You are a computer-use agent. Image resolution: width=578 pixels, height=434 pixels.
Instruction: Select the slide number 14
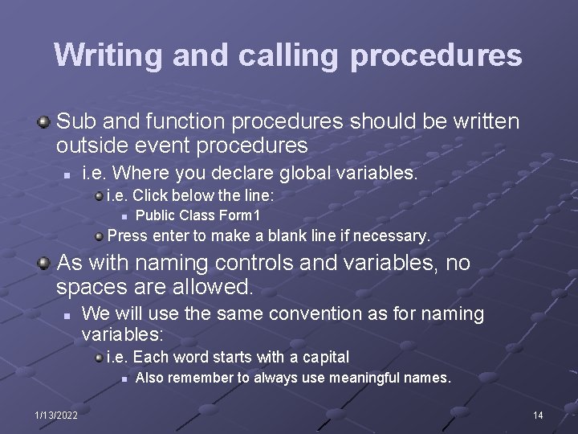pyautogui.click(x=537, y=415)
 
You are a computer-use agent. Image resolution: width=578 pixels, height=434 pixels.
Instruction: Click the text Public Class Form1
pyautogui.click(x=197, y=215)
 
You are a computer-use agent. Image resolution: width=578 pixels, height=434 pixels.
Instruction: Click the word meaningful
pyautogui.click(x=346, y=378)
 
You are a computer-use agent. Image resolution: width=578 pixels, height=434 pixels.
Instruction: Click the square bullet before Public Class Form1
pyautogui.click(x=123, y=216)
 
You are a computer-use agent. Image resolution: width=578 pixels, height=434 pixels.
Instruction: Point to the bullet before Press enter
pyautogui.click(x=98, y=236)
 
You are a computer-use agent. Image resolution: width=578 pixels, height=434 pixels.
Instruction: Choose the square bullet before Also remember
pyautogui.click(x=123, y=379)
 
